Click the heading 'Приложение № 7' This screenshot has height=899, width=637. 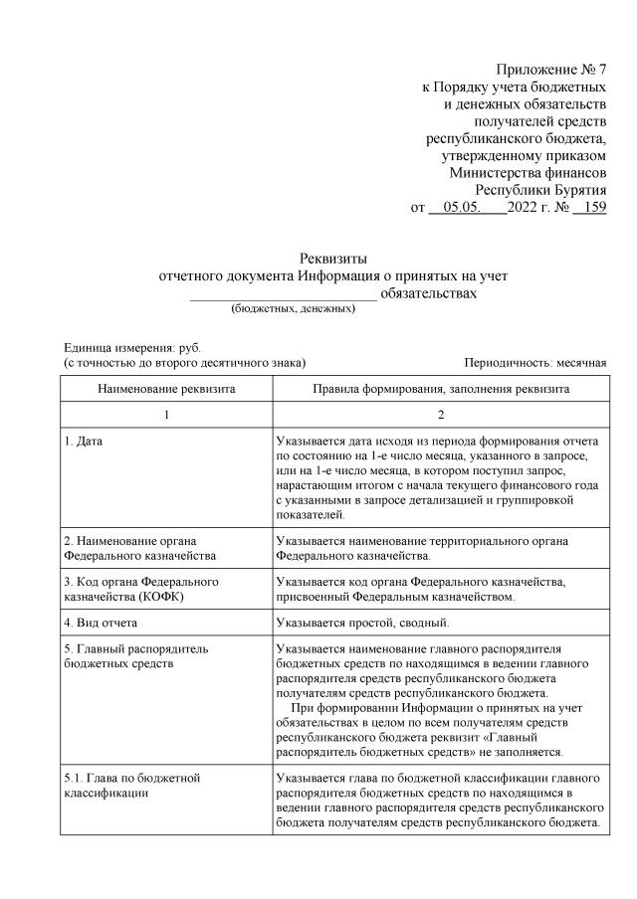point(550,71)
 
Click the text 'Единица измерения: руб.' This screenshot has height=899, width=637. point(131,349)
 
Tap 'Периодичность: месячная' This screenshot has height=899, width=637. point(534,364)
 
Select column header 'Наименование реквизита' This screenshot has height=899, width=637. point(166,389)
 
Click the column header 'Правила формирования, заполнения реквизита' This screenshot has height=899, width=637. point(441,389)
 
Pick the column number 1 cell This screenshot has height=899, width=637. point(166,414)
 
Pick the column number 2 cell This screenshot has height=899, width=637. point(441,414)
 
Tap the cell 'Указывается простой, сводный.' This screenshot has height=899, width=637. point(362,623)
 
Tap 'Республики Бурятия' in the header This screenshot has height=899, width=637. point(540,189)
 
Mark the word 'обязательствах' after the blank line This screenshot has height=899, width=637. point(429,293)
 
